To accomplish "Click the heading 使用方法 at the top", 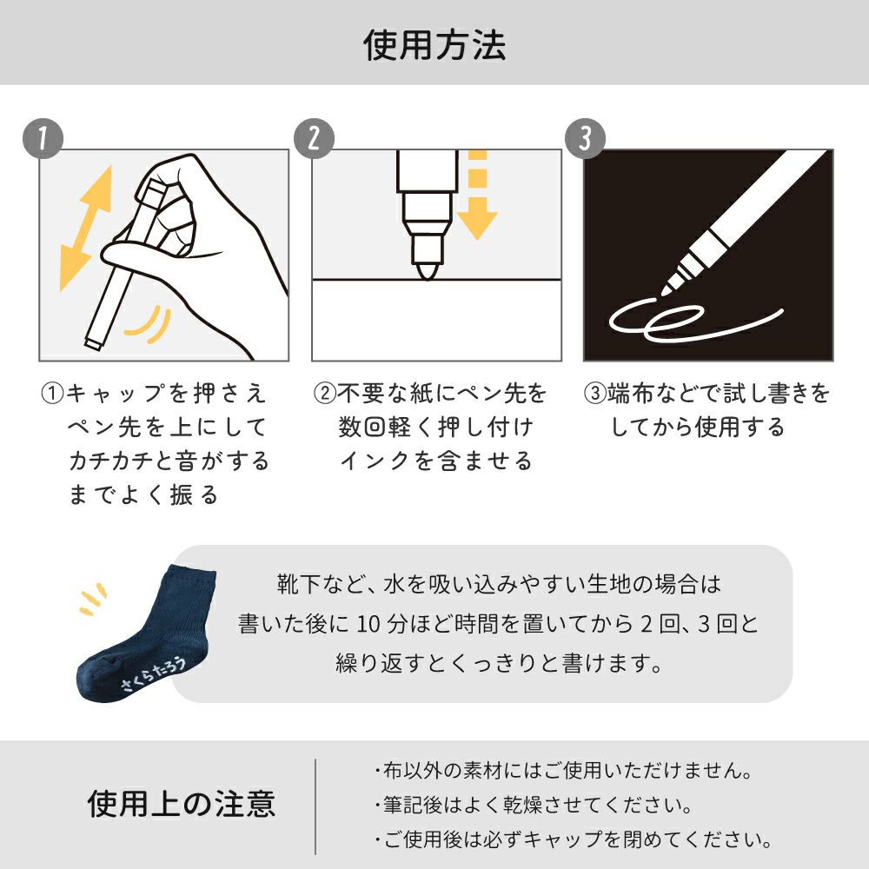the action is (x=434, y=45).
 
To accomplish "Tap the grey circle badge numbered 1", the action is (x=43, y=138).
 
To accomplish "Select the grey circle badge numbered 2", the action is (x=315, y=138).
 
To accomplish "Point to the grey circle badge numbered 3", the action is (x=585, y=138).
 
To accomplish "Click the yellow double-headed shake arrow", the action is (x=86, y=228).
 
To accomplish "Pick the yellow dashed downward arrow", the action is (x=477, y=195).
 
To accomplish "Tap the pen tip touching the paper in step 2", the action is (x=428, y=271).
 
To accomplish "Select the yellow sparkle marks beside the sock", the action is (x=93, y=599).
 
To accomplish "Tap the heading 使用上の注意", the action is (x=182, y=804).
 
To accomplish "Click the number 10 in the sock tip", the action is (x=368, y=624).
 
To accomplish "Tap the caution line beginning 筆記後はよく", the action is (x=534, y=806).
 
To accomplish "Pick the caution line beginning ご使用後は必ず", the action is (x=573, y=839).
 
